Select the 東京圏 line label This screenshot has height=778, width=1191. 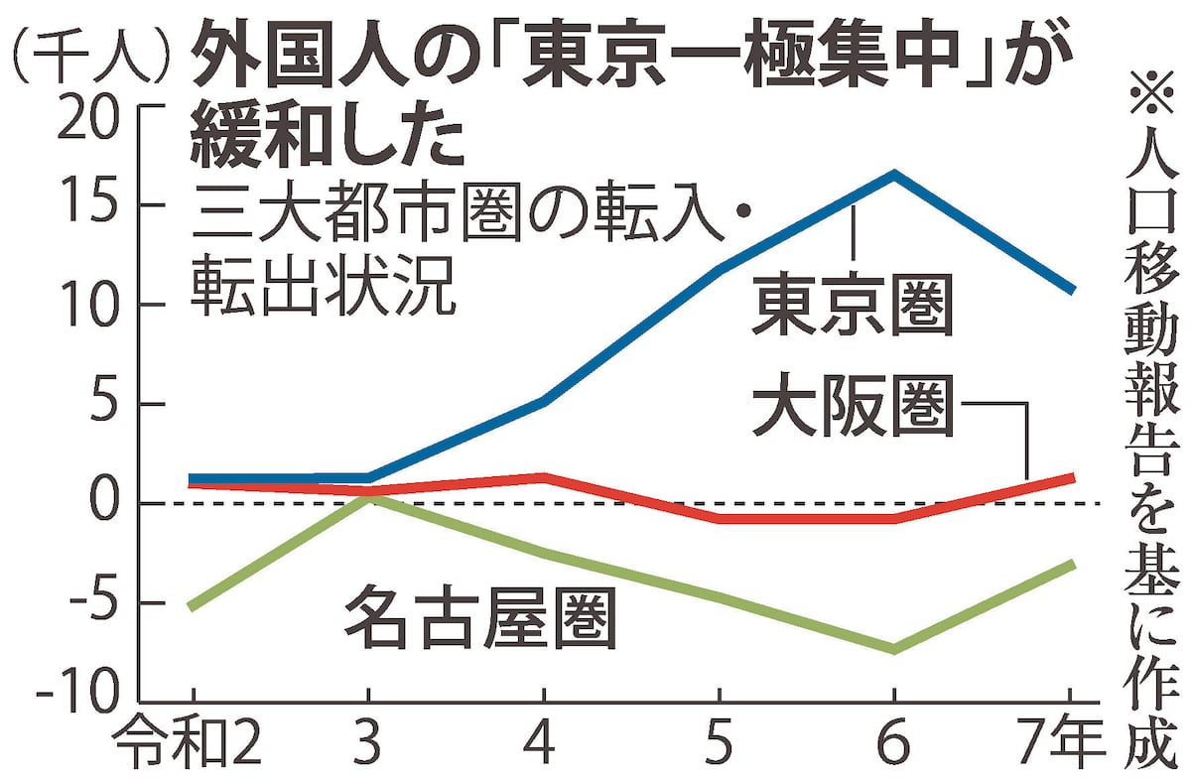coord(852,307)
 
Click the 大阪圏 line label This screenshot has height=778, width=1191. coord(852,410)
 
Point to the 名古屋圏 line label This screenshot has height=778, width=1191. coord(481,614)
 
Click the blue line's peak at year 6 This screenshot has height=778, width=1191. coord(894,175)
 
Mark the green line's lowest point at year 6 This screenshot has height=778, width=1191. coord(894,649)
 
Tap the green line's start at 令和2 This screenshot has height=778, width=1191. coord(192,606)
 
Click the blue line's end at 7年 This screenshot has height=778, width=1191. coord(1072,290)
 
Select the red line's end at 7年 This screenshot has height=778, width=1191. coord(1072,477)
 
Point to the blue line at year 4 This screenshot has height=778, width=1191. coord(543,401)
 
